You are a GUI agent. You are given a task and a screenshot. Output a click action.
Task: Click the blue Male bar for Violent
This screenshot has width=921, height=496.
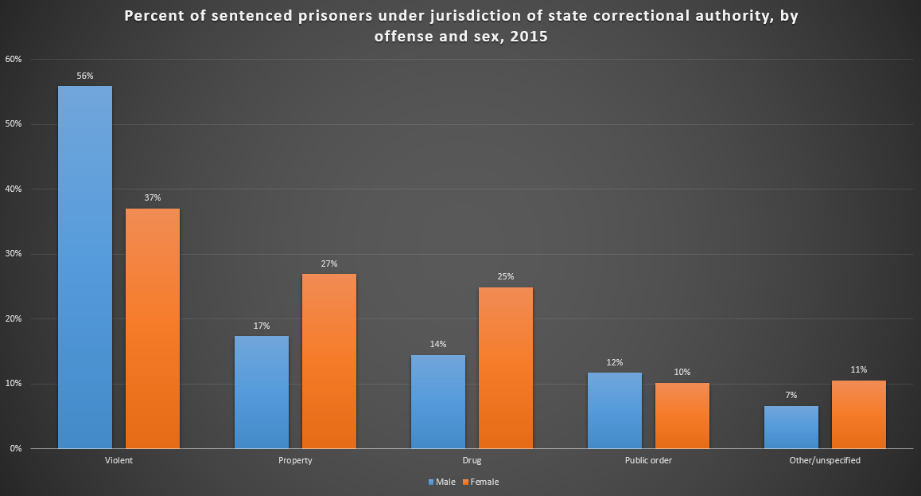pos(85,267)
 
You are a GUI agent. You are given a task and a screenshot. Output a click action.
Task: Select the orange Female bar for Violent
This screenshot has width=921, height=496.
pos(153,328)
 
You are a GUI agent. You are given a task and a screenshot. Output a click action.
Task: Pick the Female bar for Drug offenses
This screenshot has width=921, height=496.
pos(506,367)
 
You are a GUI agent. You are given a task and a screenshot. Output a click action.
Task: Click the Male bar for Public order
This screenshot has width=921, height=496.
pos(615,410)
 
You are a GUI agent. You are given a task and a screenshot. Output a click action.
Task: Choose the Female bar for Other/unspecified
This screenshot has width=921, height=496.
pos(859,414)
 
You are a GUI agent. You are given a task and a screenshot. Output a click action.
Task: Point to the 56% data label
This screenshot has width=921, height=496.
pos(85,76)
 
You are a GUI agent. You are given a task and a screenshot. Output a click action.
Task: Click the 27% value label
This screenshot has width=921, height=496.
pos(329,264)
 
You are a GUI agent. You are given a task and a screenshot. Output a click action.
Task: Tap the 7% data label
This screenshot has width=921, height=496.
pos(791,396)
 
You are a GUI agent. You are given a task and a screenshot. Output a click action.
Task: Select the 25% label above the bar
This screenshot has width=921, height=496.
pos(506,277)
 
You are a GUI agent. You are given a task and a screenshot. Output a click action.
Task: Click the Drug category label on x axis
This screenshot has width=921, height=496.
pos(472,461)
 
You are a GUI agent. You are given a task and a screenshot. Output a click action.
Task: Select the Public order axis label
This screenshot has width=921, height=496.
pos(648,461)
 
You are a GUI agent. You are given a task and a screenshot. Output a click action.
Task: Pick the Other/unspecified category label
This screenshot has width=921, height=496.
pos(825,461)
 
